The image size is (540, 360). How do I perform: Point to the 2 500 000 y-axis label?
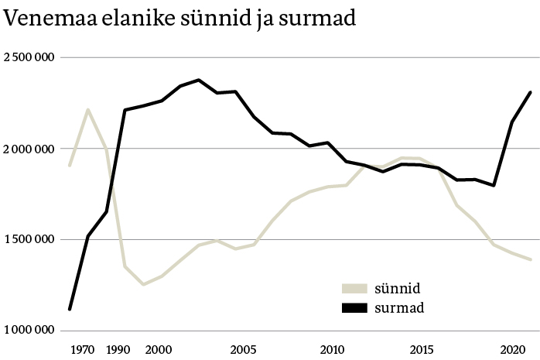coord(29,57)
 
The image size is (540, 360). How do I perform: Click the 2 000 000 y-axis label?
coord(29,149)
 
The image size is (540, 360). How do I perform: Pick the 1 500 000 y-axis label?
coord(29,239)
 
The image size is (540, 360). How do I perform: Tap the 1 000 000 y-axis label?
coord(29,331)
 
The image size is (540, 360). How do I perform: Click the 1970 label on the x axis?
coord(82,349)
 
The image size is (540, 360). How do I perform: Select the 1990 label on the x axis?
coord(119,349)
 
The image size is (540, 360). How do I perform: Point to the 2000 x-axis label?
coord(159,349)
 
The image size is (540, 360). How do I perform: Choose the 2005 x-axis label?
coord(245,349)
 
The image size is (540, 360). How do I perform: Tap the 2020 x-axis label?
coord(511,349)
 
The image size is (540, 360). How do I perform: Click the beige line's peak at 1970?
coord(88,110)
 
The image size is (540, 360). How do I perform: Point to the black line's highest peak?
coord(198,80)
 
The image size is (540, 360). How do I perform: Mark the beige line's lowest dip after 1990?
coord(142,284)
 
